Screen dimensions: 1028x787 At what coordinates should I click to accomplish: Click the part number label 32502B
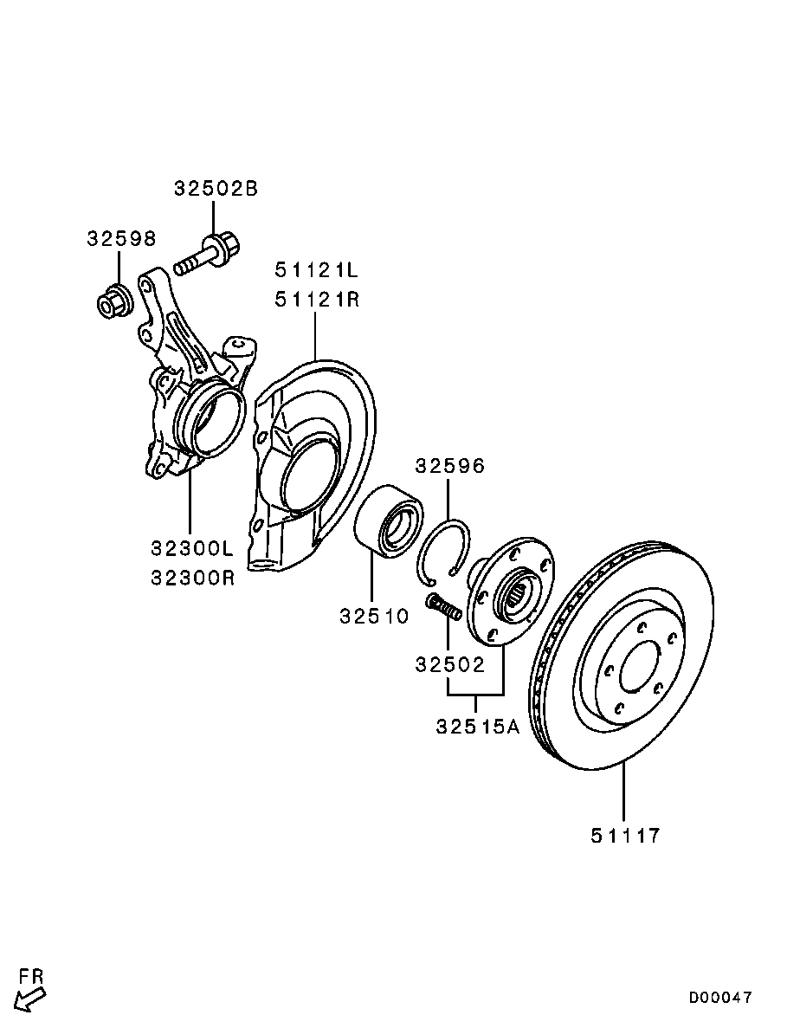[216, 189]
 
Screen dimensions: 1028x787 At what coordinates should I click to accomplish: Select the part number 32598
[120, 238]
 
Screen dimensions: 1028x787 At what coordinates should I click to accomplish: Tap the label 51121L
[317, 269]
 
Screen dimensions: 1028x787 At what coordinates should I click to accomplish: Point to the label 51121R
[317, 300]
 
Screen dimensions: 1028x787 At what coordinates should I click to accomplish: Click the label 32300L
[192, 548]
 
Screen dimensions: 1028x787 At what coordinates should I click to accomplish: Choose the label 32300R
[192, 578]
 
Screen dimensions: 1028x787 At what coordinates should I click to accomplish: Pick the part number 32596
[449, 467]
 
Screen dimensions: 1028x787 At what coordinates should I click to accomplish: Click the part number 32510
[373, 617]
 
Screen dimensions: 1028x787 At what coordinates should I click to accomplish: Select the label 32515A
[477, 726]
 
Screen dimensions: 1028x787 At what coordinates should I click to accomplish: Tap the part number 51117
[626, 836]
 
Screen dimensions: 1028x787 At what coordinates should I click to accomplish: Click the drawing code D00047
[720, 998]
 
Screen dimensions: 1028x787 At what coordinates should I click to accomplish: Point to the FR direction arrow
[31, 999]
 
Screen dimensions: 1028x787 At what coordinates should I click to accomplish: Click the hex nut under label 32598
[113, 301]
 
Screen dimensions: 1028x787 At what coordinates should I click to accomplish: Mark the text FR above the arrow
[32, 976]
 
